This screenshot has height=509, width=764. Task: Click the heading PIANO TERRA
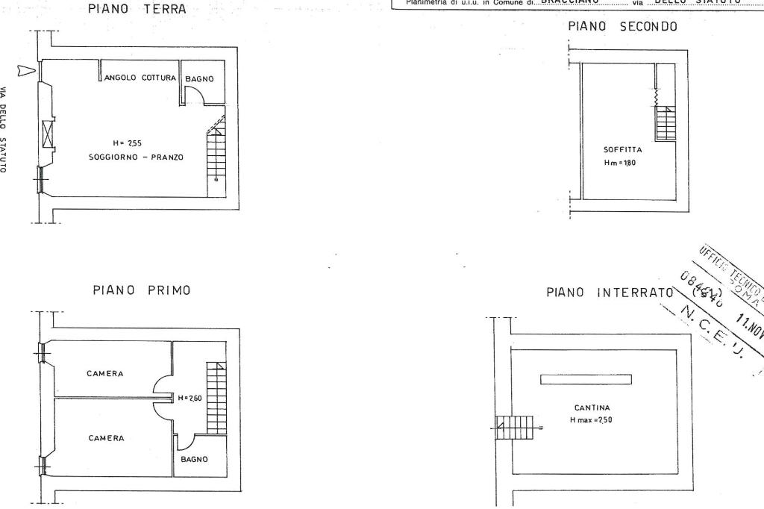point(137,10)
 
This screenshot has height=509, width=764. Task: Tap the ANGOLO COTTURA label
point(140,78)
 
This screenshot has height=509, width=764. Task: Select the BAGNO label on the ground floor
point(200,78)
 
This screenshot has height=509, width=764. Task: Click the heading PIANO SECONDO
point(622,27)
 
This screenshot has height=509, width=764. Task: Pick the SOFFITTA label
point(622,149)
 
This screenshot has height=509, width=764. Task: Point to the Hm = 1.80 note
point(620,163)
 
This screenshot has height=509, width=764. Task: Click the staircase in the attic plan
point(666,123)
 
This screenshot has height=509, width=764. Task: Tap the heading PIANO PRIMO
point(142,290)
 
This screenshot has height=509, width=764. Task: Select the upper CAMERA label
point(105,373)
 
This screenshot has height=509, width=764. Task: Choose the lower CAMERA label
point(106,438)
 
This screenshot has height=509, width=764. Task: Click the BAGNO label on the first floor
point(195,460)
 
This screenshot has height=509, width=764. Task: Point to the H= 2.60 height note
point(190,398)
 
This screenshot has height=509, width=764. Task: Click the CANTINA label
point(592,407)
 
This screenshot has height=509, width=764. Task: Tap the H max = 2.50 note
point(591,420)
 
